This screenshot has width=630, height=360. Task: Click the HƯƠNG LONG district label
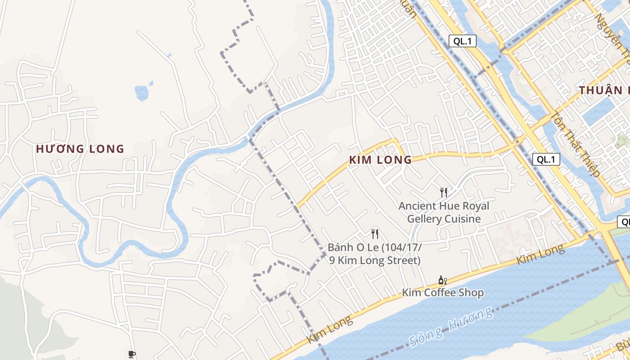tap(80, 149)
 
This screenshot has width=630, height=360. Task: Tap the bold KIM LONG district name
tap(380, 160)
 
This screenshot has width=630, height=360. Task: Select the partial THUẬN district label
tap(603, 90)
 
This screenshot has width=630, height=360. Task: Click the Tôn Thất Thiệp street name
tap(576, 144)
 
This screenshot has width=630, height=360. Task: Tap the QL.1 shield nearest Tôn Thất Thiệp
tap(546, 159)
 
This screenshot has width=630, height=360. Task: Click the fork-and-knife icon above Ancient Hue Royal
tap(444, 193)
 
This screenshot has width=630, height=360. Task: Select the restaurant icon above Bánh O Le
tap(374, 234)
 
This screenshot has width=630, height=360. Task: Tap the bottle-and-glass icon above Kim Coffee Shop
tap(442, 280)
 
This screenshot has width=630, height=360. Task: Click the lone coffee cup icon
tap(131, 354)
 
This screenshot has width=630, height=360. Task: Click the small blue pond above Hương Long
tap(142, 92)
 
